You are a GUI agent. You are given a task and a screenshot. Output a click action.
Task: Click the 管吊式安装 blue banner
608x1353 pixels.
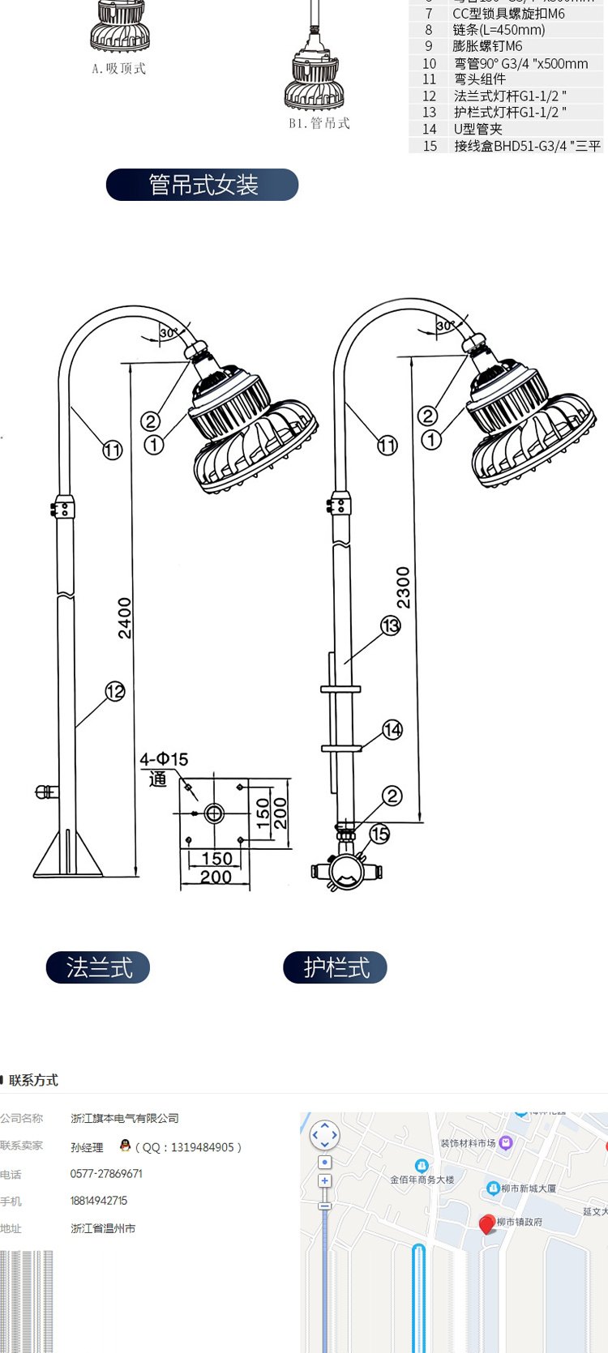[202, 185]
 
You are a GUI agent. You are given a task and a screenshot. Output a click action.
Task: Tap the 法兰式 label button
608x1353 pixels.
[98, 967]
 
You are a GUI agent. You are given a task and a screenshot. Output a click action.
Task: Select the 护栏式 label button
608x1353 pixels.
[335, 967]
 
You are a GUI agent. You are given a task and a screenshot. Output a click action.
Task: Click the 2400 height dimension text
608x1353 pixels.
[125, 618]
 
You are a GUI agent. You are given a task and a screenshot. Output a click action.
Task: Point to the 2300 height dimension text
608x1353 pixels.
[403, 587]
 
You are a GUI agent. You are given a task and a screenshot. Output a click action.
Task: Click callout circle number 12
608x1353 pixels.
[115, 691]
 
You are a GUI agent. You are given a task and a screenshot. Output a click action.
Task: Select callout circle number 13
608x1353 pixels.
[391, 625]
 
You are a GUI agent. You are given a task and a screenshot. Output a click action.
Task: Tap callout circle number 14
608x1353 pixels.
[392, 730]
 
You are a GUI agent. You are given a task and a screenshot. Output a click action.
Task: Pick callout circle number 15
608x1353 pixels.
[379, 834]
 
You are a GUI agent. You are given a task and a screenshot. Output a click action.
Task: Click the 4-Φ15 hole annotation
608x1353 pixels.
[164, 759]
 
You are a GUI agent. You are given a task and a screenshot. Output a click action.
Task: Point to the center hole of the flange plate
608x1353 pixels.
[214, 813]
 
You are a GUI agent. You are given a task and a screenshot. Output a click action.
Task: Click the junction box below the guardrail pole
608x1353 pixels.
[346, 871]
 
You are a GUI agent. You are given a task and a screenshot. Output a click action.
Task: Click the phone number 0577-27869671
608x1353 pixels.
[106, 1173]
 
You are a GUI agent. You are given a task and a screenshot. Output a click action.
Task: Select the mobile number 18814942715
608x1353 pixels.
[99, 1201]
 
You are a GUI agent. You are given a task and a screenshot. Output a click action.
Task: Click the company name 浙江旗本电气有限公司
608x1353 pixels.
[125, 1118]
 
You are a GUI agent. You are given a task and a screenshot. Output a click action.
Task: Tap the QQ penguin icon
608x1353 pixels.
[125, 1146]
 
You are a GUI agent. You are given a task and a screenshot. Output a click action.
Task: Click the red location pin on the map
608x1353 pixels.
[487, 1223]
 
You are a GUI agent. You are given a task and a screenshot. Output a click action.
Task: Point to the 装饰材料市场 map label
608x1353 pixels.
[468, 1143]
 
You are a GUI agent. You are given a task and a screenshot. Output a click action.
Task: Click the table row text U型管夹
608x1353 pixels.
[477, 129]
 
